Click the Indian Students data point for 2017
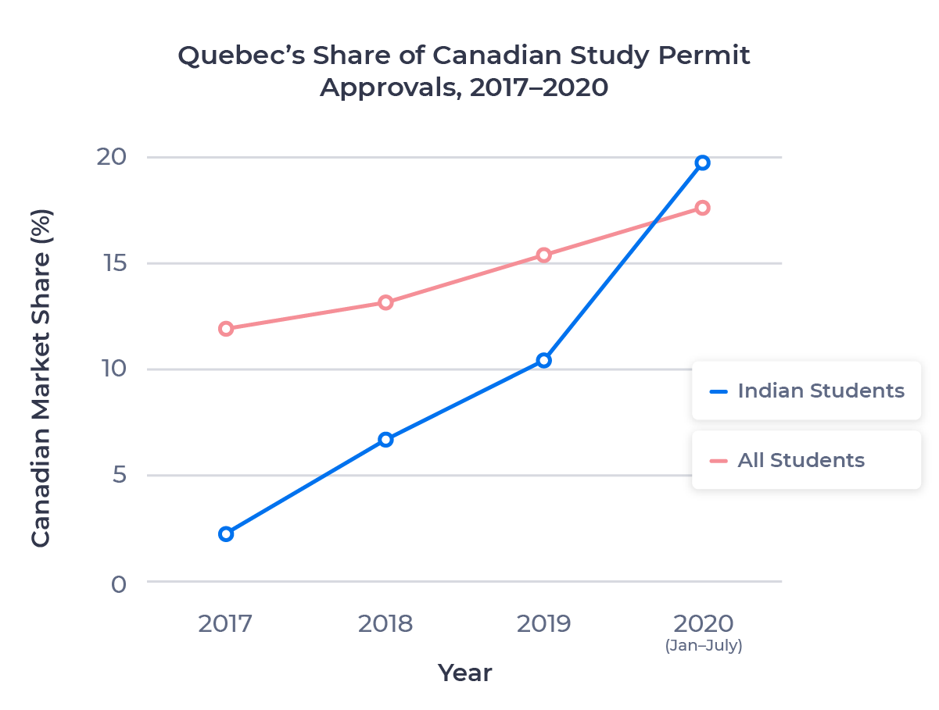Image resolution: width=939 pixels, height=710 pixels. [226, 533]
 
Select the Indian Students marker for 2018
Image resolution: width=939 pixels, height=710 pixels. [385, 440]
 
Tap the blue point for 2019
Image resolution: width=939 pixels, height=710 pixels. [543, 360]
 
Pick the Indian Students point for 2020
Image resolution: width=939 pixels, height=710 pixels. [702, 162]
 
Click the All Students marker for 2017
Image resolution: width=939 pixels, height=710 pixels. [226, 329]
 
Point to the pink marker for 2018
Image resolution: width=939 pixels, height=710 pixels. [385, 302]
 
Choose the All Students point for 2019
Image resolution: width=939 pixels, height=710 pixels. [543, 255]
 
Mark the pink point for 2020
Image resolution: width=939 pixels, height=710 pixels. [702, 208]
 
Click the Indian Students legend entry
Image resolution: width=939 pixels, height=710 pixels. [805, 391]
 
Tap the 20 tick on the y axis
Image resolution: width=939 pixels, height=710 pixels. [113, 157]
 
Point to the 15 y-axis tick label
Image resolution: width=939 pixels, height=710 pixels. [113, 263]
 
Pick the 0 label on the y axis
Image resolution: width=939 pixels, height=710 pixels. [118, 583]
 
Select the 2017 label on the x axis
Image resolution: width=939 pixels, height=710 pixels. [226, 624]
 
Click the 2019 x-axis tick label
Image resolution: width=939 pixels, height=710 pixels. [543, 624]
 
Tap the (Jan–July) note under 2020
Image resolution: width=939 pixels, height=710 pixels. [703, 646]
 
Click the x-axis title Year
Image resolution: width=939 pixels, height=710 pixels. [464, 673]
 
